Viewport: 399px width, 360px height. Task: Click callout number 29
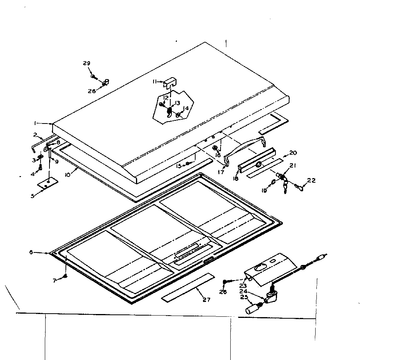[x=87, y=63]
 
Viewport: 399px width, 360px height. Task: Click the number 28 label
[x=91, y=91]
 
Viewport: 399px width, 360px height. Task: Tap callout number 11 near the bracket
[x=155, y=81]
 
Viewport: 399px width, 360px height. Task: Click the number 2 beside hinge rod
[x=35, y=135]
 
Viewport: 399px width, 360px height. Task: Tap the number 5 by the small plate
[x=33, y=196]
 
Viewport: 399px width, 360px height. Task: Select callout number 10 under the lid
[x=67, y=175]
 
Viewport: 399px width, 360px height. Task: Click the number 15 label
[x=178, y=166]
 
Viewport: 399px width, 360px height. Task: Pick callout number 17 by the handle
[x=221, y=172]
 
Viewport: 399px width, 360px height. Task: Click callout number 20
[x=293, y=152]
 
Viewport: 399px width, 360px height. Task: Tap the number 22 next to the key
[x=311, y=180]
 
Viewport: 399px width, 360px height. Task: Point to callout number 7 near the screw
[x=55, y=280]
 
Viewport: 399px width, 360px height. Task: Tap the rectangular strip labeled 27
[x=188, y=287]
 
